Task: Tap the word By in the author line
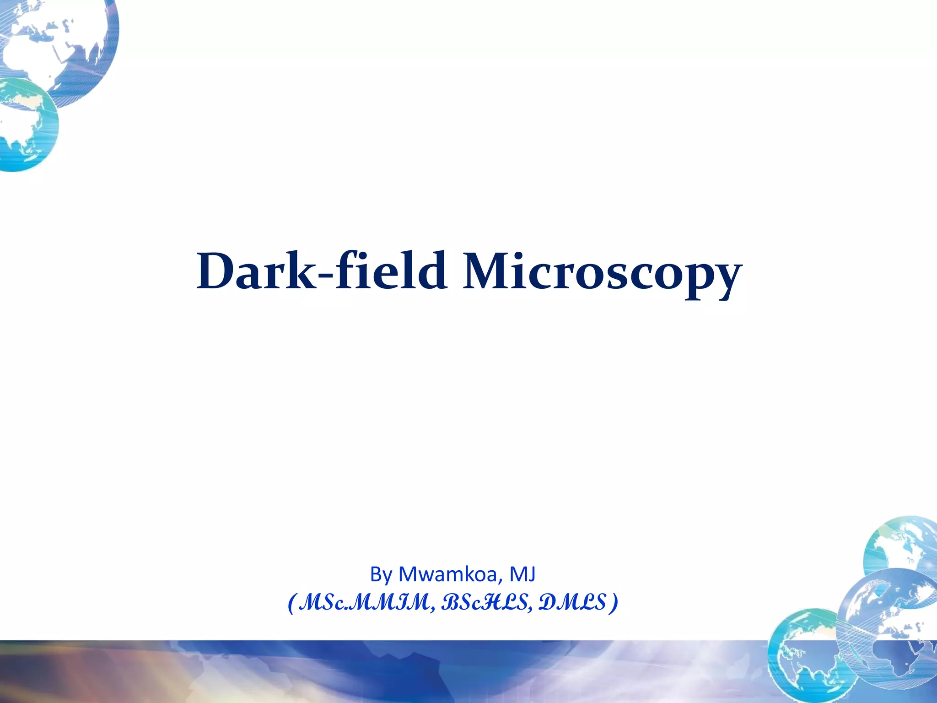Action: pos(381,574)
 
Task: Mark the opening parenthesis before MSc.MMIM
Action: pos(291,603)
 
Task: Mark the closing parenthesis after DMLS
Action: pos(614,603)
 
